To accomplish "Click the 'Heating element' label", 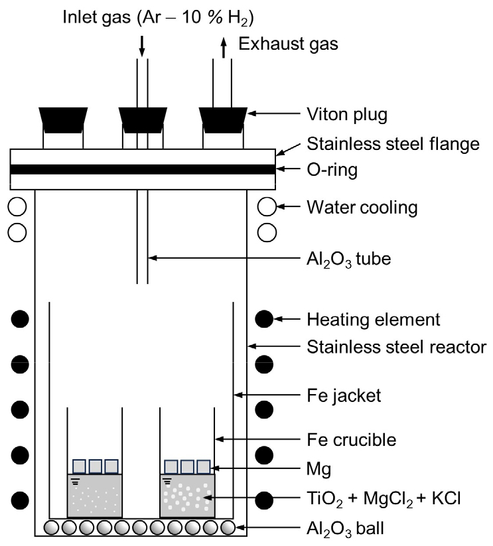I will (373, 320).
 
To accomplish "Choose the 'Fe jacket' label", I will (344, 396).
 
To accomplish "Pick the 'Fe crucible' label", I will (351, 439).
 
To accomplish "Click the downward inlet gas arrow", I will (141, 45).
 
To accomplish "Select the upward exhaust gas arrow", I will (224, 45).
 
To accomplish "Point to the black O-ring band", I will (143, 169).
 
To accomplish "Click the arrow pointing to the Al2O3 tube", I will (219, 257).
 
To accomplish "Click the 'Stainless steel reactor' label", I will (397, 346).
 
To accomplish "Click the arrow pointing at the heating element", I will (289, 320).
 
